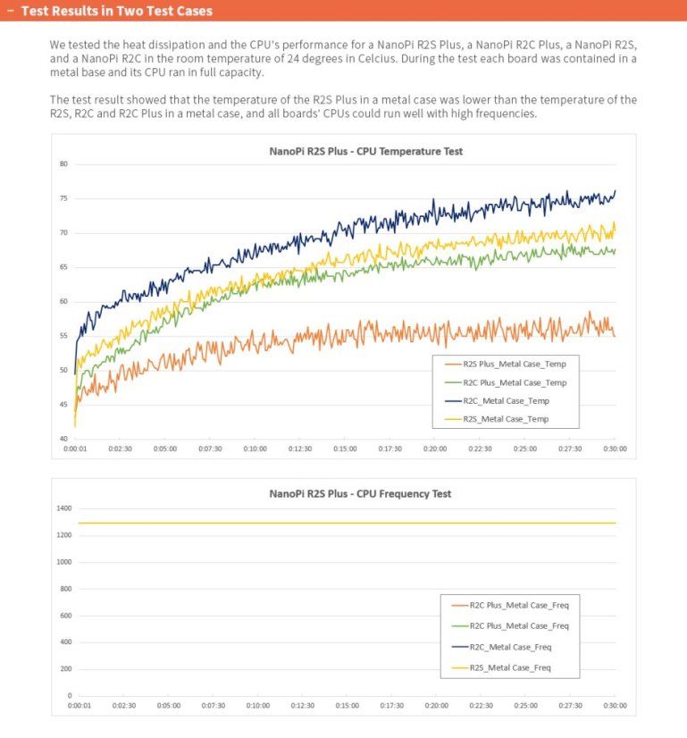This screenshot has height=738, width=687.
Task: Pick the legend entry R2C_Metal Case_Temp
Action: pyautogui.click(x=507, y=401)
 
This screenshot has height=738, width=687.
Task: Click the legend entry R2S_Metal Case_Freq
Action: pyautogui.click(x=511, y=668)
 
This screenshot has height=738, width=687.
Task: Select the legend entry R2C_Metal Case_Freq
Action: pyautogui.click(x=511, y=647)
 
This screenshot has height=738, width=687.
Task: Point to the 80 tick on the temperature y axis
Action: pyautogui.click(x=63, y=164)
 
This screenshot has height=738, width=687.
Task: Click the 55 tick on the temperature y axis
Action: pyautogui.click(x=63, y=336)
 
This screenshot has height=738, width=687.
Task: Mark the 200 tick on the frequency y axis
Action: pyautogui.click(x=64, y=669)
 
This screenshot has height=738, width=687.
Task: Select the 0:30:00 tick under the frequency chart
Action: pyautogui.click(x=615, y=706)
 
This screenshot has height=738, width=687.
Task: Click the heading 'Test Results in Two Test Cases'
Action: pyautogui.click(x=117, y=12)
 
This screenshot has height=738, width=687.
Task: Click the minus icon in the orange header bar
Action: pyautogui.click(x=9, y=12)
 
